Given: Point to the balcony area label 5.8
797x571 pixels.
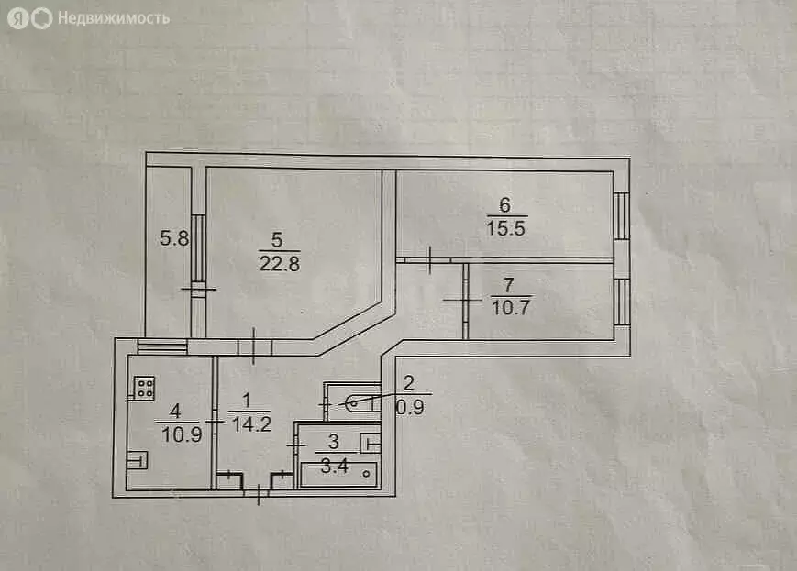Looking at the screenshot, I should [174, 240].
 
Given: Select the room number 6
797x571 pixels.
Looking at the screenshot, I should [504, 205].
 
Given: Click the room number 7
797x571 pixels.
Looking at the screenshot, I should [510, 285].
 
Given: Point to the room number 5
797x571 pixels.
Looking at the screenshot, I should [278, 241].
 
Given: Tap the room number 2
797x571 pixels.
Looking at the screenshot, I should [409, 383].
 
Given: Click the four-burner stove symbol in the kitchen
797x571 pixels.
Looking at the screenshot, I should [143, 389].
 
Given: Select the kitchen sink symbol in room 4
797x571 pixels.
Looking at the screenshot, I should [137, 459].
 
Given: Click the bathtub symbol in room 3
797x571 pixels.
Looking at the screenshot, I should [338, 474].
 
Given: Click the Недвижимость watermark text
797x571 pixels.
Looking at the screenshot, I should [113, 18].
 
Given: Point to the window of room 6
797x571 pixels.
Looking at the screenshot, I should [622, 216].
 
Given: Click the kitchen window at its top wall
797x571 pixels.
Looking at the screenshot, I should [161, 346].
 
